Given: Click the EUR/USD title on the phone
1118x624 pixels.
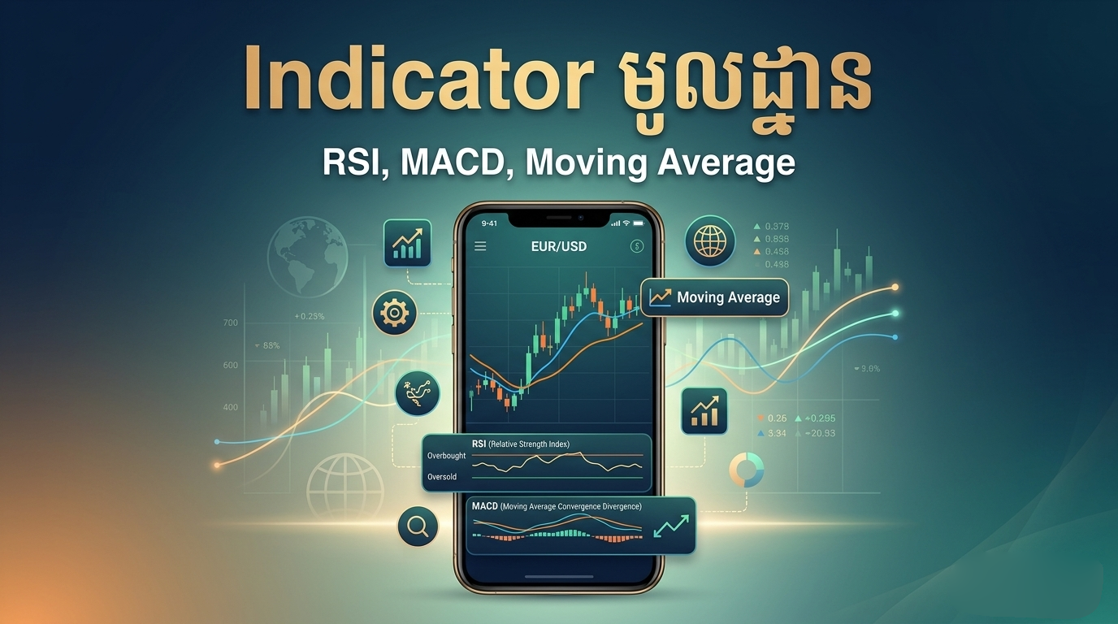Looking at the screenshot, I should pyautogui.click(x=559, y=245).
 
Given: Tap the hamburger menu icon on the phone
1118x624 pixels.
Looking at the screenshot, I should pyautogui.click(x=480, y=246).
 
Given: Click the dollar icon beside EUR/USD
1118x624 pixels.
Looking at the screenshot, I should pyautogui.click(x=636, y=246).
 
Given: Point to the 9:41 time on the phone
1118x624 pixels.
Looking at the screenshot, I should pyautogui.click(x=489, y=223).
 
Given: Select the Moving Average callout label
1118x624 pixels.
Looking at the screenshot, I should pyautogui.click(x=727, y=297).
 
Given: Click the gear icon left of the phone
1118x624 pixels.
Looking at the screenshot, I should pyautogui.click(x=395, y=312).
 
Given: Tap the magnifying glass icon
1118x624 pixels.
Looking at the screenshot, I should pyautogui.click(x=418, y=526).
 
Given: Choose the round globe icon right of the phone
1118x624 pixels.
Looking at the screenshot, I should pyautogui.click(x=709, y=241).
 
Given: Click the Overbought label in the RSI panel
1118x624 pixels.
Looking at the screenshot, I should pyautogui.click(x=446, y=456).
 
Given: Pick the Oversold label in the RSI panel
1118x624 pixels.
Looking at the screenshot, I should pyautogui.click(x=442, y=477).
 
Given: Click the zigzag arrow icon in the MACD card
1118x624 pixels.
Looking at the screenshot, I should pyautogui.click(x=671, y=525).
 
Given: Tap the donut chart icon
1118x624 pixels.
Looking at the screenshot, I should pyautogui.click(x=746, y=470).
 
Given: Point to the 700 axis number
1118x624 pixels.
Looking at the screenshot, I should pyautogui.click(x=230, y=323).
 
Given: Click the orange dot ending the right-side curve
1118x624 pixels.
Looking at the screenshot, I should pyautogui.click(x=895, y=287).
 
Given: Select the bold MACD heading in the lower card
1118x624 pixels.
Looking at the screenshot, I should pyautogui.click(x=485, y=506).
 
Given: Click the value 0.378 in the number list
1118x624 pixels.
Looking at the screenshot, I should pyautogui.click(x=777, y=226).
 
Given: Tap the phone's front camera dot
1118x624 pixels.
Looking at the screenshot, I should pyautogui.click(x=580, y=218).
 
